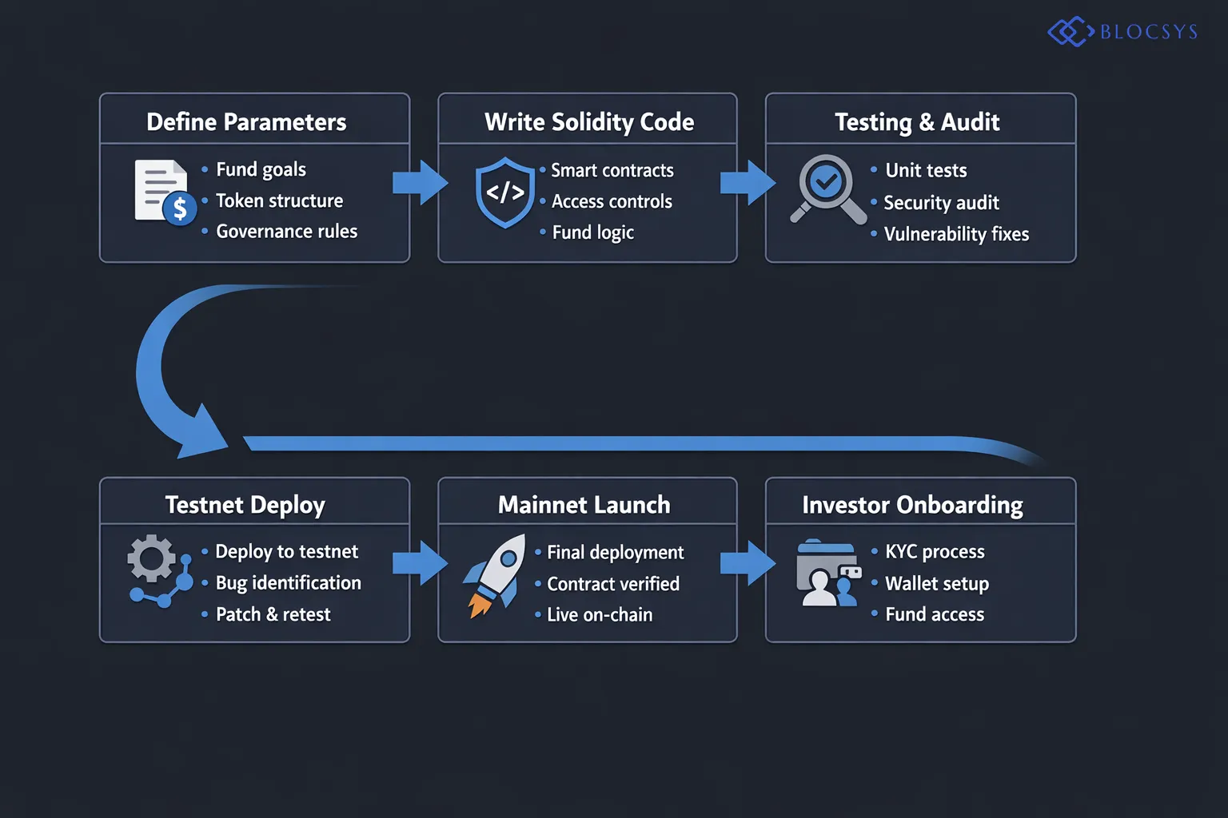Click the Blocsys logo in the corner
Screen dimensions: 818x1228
1122,32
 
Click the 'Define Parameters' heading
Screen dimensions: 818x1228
246,121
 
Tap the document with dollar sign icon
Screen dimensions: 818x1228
165,192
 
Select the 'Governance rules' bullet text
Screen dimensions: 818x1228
286,232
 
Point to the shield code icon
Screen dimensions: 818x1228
504,193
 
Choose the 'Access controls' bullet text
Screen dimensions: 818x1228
612,201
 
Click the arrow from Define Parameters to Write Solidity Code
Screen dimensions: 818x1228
421,183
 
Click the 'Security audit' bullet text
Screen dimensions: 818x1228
941,203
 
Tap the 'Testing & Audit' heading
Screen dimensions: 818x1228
917,121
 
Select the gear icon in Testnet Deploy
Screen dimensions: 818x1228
150,558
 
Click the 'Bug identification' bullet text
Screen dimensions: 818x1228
288,583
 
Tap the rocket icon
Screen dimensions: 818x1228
496,574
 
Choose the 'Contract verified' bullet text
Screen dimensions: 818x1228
612,584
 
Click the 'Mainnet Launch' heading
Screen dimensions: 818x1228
584,505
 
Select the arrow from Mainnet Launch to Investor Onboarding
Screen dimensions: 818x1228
748,563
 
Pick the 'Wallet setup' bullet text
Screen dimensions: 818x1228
936,584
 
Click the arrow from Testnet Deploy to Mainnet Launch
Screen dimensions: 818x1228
421,563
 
